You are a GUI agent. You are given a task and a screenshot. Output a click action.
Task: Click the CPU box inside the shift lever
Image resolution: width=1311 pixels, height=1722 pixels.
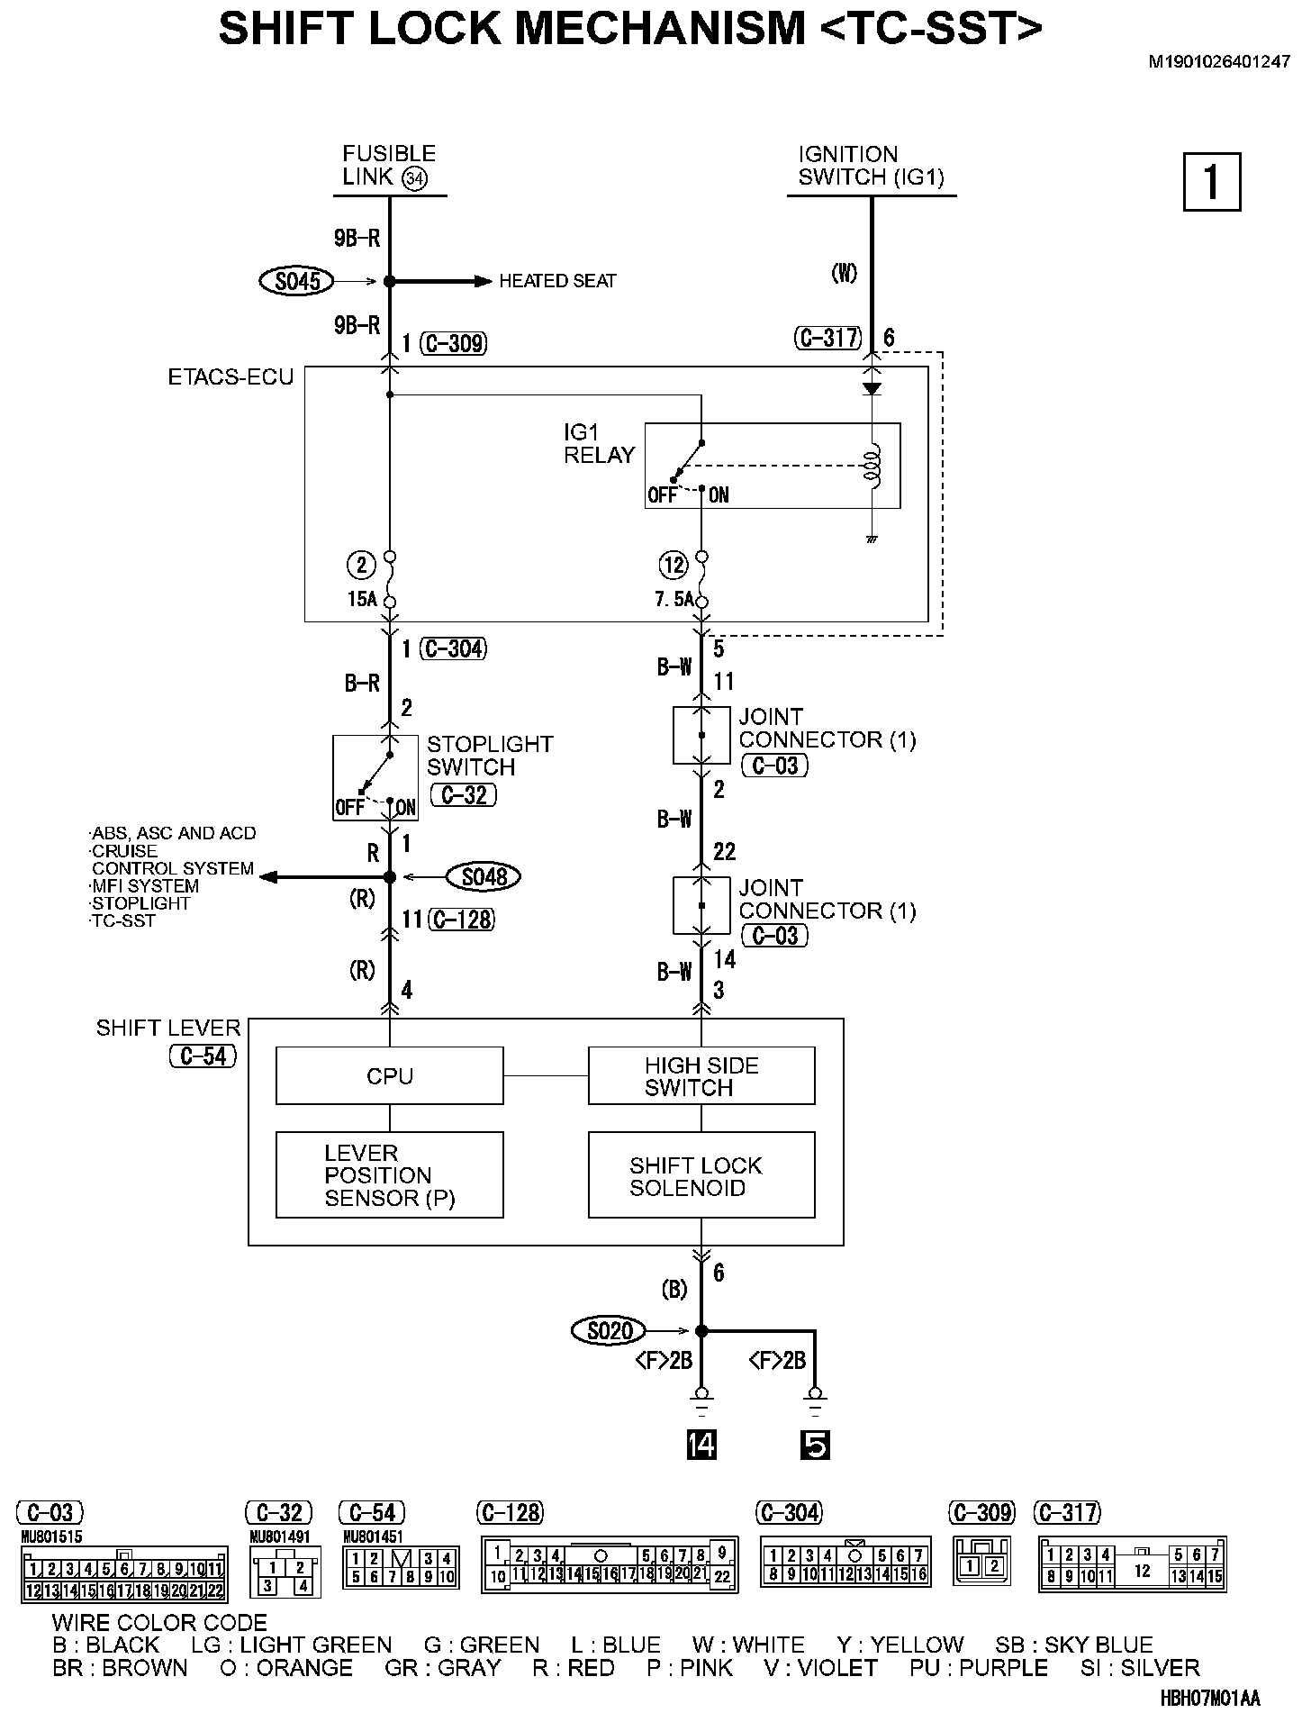coord(389,1075)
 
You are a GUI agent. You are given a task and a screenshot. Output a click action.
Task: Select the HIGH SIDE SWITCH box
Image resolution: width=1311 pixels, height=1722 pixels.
coord(701,1075)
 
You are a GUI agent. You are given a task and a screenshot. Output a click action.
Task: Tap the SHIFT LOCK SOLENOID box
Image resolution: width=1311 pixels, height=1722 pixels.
coord(701,1175)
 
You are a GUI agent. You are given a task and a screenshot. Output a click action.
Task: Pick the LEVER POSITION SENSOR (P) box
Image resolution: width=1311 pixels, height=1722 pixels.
coord(389,1175)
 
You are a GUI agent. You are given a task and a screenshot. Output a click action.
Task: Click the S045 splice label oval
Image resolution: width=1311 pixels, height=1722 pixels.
coord(297,282)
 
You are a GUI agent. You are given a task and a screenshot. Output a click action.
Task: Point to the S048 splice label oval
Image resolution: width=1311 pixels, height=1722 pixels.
coord(484,876)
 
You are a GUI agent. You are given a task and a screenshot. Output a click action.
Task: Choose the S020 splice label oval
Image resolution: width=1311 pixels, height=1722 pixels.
coord(609,1330)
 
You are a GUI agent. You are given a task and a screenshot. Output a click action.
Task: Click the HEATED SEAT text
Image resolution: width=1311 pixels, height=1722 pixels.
coord(557,282)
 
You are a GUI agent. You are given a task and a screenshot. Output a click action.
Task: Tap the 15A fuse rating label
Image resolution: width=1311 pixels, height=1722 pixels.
coord(361,598)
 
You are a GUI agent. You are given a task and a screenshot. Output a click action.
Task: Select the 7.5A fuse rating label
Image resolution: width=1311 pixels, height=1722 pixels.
coord(674,598)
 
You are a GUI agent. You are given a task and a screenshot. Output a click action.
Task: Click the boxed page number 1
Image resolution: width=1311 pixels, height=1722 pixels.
coord(1211,182)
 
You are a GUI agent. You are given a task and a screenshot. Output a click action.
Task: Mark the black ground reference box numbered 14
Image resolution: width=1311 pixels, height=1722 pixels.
coord(701,1446)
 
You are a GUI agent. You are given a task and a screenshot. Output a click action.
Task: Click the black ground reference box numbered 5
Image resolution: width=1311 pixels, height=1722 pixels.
coord(814,1446)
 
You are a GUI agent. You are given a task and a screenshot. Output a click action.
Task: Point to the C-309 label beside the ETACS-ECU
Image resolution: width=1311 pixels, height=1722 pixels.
coord(454,343)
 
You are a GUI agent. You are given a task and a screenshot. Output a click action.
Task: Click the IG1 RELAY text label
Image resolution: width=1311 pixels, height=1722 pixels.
coord(600,444)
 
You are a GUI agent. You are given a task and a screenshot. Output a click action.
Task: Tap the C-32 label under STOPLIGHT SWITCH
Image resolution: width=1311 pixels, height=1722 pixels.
coord(465,795)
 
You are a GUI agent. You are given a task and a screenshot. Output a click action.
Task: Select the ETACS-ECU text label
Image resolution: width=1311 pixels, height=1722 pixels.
coord(231,377)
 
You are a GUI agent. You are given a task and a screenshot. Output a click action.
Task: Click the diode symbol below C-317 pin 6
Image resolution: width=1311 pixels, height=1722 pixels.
coord(872,388)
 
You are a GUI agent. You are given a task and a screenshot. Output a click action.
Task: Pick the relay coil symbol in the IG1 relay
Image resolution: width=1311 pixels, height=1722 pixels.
coord(872,467)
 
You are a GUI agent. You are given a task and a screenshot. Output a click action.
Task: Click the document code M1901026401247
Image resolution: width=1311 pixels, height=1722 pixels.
coord(1218,63)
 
